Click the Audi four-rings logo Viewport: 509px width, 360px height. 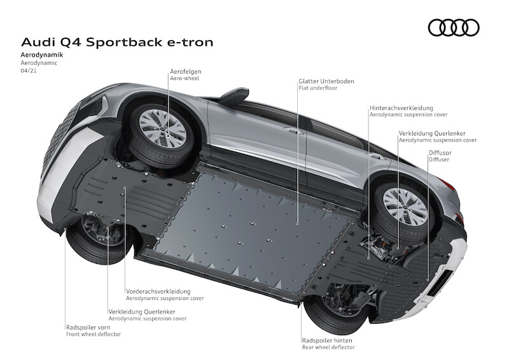[453, 27]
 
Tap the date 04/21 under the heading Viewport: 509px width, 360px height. [29, 71]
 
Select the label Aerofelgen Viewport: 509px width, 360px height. [185, 72]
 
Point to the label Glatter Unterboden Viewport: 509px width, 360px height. [326, 81]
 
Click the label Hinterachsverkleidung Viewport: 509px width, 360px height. [404, 108]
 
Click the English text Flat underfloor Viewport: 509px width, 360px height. [318, 88]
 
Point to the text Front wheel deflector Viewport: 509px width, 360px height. [93, 334]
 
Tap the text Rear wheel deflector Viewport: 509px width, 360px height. [328, 347]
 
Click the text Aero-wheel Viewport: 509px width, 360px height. [183, 79]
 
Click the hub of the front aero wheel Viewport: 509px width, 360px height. [163, 127]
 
